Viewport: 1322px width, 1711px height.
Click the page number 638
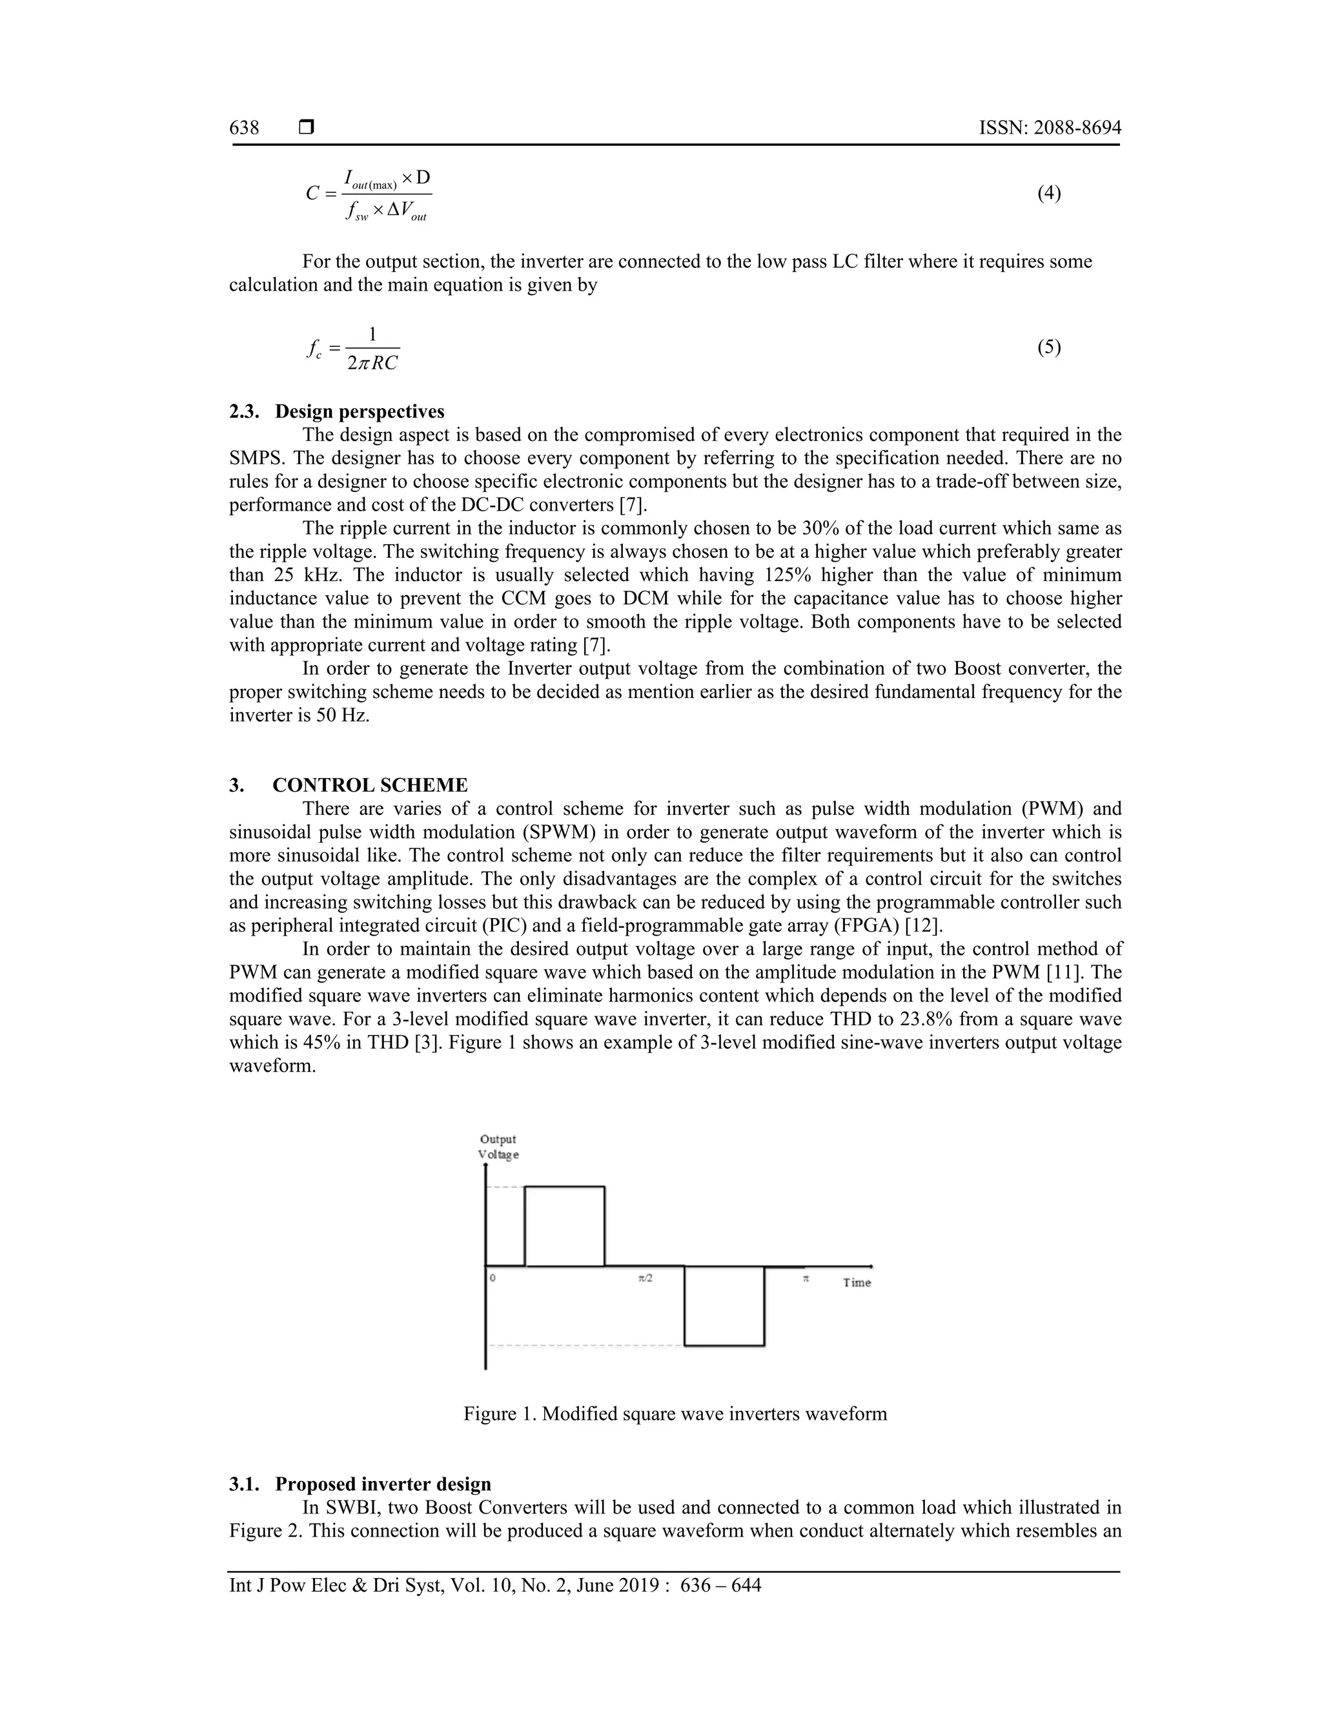(x=245, y=128)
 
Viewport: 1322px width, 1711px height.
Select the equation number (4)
(x=1049, y=192)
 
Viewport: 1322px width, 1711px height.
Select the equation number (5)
(x=1049, y=347)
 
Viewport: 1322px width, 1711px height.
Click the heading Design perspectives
(x=360, y=411)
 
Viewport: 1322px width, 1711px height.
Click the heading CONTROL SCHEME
(x=370, y=785)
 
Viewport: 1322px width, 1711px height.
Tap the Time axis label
(x=857, y=1282)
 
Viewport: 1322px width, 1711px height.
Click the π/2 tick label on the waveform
(x=646, y=1278)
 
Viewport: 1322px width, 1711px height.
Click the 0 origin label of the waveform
(x=493, y=1278)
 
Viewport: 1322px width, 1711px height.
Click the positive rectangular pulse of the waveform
(x=564, y=1225)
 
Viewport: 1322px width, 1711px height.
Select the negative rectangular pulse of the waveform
(x=724, y=1306)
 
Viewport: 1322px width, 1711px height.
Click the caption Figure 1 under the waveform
(x=675, y=1414)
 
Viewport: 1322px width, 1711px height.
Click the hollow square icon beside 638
(x=307, y=127)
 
